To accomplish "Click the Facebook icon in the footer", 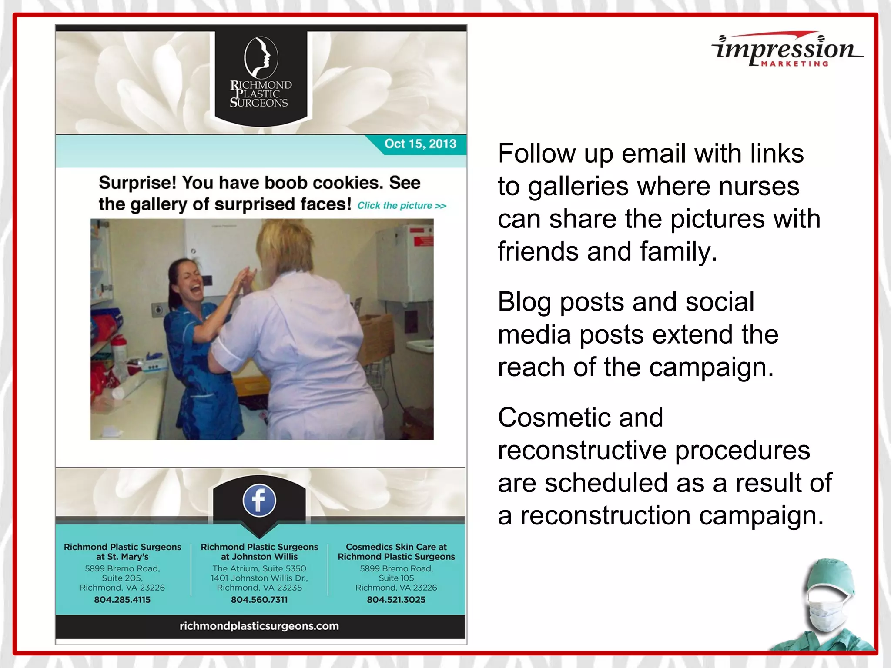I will (259, 500).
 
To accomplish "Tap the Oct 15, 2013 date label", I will (420, 144).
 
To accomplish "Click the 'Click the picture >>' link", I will (402, 206).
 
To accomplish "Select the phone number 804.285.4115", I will (122, 600).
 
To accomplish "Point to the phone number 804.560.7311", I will (259, 600).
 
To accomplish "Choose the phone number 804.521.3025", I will (396, 600).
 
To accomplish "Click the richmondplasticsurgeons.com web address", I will (259, 626).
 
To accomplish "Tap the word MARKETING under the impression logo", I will (794, 64).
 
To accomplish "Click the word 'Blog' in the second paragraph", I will (524, 302).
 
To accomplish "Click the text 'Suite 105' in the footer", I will (396, 578).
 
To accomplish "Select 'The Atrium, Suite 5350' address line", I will (259, 568).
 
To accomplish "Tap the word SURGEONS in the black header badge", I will (259, 103).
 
